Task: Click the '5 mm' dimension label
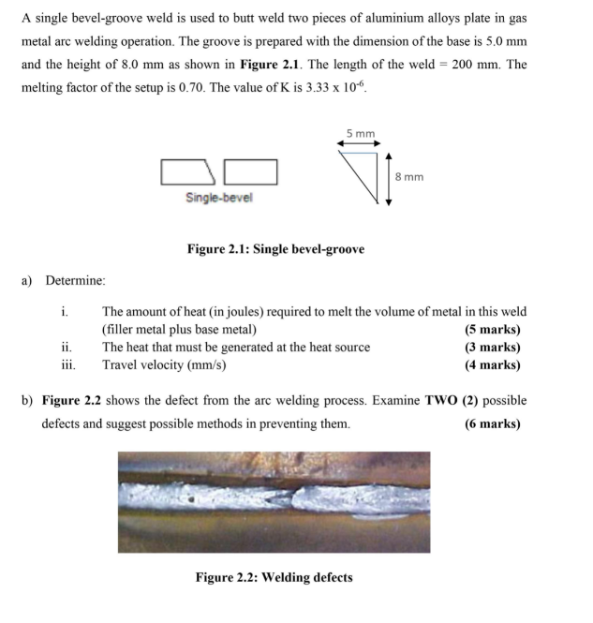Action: [x=360, y=133]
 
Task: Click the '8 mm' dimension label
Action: [x=409, y=176]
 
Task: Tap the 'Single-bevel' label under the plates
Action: [x=218, y=198]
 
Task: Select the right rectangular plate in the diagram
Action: [x=250, y=172]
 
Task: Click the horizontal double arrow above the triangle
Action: [x=360, y=143]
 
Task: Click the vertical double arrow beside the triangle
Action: [x=388, y=177]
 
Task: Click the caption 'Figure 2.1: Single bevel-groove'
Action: [x=275, y=249]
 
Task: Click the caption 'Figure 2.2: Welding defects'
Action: [x=274, y=577]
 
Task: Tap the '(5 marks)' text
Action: [x=492, y=329]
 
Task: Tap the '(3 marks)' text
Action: [x=492, y=347]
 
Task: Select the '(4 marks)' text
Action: [x=492, y=364]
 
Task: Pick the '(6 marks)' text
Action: [x=492, y=423]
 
